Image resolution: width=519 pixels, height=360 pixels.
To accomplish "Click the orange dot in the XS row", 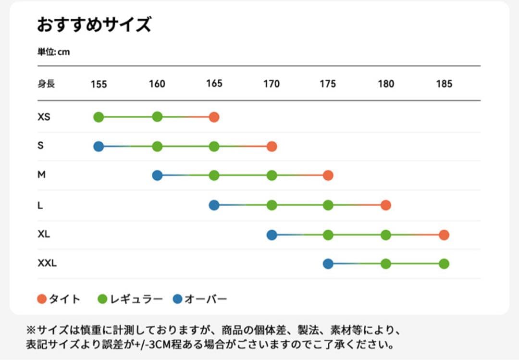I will (x=214, y=117).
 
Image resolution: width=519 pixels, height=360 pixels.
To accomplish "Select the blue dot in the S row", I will (x=99, y=147).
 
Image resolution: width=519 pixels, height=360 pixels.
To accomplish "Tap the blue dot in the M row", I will (x=157, y=175).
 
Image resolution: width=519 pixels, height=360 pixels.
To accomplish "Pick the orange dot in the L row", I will (x=385, y=205).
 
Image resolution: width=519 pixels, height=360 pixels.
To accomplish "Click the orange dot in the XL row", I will (x=444, y=235).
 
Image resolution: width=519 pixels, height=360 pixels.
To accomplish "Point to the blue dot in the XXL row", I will (x=328, y=264).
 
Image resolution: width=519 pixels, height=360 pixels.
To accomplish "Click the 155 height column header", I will (x=99, y=84).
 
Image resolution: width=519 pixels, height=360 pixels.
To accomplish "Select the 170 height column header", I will (x=272, y=84).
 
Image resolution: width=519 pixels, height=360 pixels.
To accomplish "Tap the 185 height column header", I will (x=444, y=84).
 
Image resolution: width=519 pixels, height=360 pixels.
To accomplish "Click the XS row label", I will (x=44, y=117).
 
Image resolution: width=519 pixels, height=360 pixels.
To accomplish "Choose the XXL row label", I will (x=47, y=263).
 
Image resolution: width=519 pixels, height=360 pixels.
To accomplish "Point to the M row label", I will (x=42, y=175).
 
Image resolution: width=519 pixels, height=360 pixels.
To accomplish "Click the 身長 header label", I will (x=46, y=84).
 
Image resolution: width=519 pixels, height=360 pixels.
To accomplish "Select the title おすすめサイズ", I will (x=94, y=25).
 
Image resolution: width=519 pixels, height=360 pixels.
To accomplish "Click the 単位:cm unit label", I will (x=54, y=52).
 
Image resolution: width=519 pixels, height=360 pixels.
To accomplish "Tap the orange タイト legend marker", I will (x=42, y=299).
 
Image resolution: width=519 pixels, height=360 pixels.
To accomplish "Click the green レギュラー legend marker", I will (x=102, y=299).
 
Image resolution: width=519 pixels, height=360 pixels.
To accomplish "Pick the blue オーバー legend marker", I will (x=178, y=299).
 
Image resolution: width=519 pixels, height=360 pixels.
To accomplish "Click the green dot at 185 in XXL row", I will (x=444, y=264).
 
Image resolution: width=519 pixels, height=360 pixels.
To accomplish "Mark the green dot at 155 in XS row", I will (x=99, y=117).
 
